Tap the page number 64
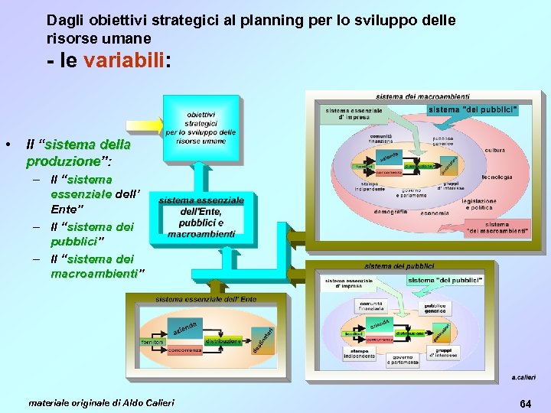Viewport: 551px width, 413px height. [526, 402]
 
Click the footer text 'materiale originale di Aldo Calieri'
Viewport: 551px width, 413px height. [101, 402]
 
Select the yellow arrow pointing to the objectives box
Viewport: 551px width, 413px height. [145, 125]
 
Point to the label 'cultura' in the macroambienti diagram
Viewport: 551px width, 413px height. [494, 151]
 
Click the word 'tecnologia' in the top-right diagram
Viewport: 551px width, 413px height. [497, 177]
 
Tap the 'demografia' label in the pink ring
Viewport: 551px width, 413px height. [390, 211]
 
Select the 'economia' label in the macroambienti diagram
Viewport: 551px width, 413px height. [434, 213]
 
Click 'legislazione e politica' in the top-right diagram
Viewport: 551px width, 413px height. [480, 204]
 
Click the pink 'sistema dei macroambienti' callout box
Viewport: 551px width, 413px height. [497, 228]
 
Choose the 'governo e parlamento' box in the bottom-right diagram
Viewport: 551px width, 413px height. [403, 359]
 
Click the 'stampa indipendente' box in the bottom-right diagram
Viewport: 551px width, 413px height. [359, 353]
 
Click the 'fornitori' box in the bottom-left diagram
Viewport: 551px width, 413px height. [152, 342]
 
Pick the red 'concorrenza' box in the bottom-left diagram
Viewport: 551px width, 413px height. [185, 350]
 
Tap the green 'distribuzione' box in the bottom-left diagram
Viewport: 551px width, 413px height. [223, 341]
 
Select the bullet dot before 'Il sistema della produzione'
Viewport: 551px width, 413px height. [7, 145]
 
